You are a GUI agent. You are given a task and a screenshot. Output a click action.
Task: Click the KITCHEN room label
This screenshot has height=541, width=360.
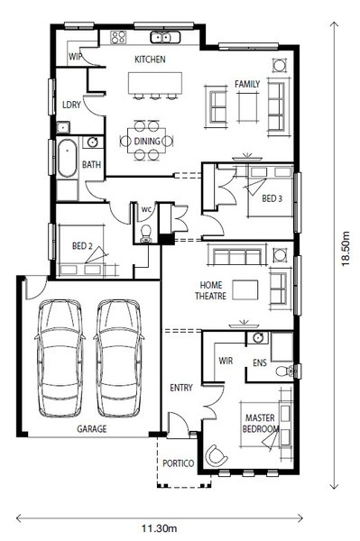(x=150, y=60)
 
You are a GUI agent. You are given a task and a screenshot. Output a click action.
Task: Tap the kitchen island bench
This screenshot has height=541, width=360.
(x=155, y=83)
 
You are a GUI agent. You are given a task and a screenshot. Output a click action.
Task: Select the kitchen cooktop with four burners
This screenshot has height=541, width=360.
(x=118, y=37)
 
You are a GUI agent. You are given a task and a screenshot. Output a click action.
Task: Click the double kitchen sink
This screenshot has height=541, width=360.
(x=165, y=37)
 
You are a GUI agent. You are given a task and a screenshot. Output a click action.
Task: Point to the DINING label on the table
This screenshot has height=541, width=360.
(x=147, y=142)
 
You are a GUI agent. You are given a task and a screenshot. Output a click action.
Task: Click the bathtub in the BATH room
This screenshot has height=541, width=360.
(x=67, y=158)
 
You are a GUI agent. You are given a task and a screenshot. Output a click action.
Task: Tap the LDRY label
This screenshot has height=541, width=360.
(x=71, y=105)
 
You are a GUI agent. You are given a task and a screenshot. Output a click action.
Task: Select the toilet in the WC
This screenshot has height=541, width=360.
(x=146, y=234)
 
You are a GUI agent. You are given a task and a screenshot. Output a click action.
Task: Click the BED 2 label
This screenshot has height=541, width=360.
(x=82, y=246)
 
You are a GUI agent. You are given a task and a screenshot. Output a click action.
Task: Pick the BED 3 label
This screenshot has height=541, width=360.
(x=272, y=198)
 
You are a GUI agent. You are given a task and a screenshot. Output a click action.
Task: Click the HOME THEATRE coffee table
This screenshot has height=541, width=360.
(x=245, y=289)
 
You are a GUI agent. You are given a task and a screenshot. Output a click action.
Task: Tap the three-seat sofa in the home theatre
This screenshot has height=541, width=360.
(x=236, y=255)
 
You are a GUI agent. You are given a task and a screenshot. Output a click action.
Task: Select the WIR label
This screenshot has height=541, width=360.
(x=226, y=361)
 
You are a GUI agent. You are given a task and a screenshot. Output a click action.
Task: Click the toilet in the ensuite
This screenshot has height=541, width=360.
(x=285, y=371)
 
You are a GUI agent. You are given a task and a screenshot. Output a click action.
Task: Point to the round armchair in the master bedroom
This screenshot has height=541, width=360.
(x=216, y=455)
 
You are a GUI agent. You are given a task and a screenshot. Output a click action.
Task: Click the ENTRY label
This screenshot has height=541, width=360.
(x=181, y=388)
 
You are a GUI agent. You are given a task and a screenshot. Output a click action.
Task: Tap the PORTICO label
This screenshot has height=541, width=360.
(x=178, y=463)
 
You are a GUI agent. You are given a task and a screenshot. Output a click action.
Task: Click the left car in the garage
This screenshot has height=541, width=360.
(x=60, y=358)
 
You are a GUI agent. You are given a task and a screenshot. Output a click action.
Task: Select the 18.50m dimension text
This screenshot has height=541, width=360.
(x=346, y=249)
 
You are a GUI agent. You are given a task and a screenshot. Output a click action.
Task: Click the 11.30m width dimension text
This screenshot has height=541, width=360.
(x=160, y=528)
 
